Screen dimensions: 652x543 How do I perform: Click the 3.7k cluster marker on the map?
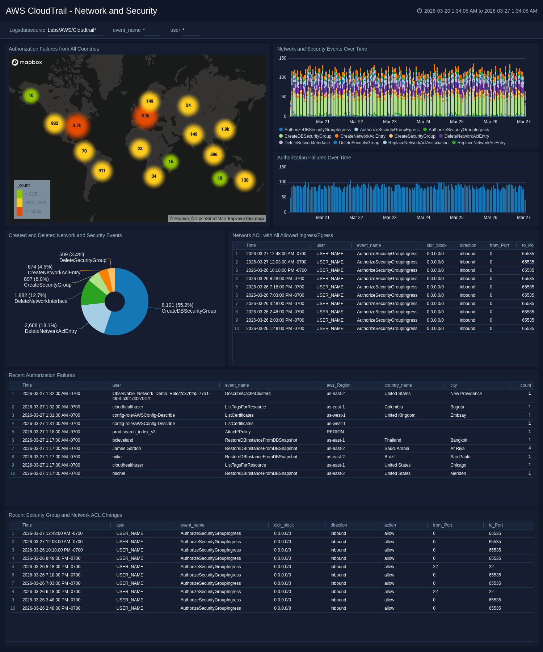(77, 126)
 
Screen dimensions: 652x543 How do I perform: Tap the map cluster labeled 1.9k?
(225, 129)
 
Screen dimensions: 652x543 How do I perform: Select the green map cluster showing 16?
(171, 162)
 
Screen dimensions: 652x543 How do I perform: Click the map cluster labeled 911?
(102, 171)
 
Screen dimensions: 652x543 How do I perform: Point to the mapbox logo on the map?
(27, 62)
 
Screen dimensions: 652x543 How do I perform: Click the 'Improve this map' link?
(246, 219)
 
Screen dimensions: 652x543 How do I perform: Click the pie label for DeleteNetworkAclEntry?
(51, 331)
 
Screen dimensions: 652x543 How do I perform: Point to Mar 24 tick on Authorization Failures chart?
(423, 218)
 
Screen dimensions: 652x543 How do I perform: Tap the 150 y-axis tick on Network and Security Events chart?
(283, 58)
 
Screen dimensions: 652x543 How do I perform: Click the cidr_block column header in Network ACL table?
(436, 245)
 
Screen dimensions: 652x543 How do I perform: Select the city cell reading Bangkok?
(459, 440)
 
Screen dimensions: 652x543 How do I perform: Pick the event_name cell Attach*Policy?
(237, 432)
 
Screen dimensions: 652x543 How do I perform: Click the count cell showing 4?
(529, 449)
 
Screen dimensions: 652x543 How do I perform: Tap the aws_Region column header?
(338, 385)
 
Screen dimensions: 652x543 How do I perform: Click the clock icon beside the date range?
(420, 11)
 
